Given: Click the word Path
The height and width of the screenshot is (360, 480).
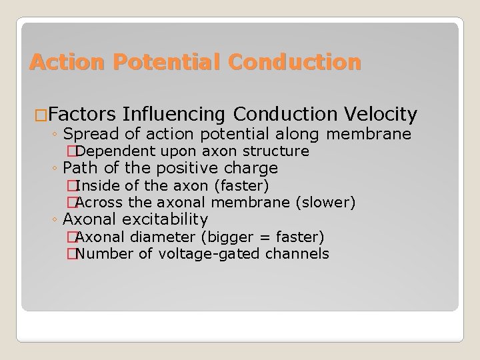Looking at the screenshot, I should click(79, 168).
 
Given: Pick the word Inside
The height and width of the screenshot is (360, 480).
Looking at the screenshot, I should click(98, 185).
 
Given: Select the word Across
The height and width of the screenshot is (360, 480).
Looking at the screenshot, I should click(100, 202).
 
